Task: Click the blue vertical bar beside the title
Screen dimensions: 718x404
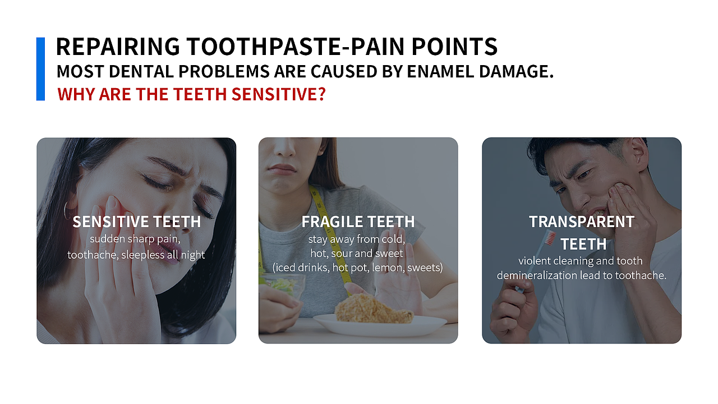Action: [x=40, y=69]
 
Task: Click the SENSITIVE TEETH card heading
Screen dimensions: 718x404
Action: [x=137, y=222]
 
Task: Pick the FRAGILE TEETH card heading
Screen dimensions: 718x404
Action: [x=358, y=222]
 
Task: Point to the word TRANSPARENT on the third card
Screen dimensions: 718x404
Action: [x=582, y=222]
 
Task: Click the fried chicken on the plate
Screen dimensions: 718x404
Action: [x=374, y=308]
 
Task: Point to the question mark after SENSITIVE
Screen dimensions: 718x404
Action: [x=322, y=94]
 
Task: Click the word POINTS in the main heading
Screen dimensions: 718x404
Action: [x=454, y=47]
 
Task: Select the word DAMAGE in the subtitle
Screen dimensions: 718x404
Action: [x=516, y=71]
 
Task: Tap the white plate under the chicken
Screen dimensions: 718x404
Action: [x=380, y=325]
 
